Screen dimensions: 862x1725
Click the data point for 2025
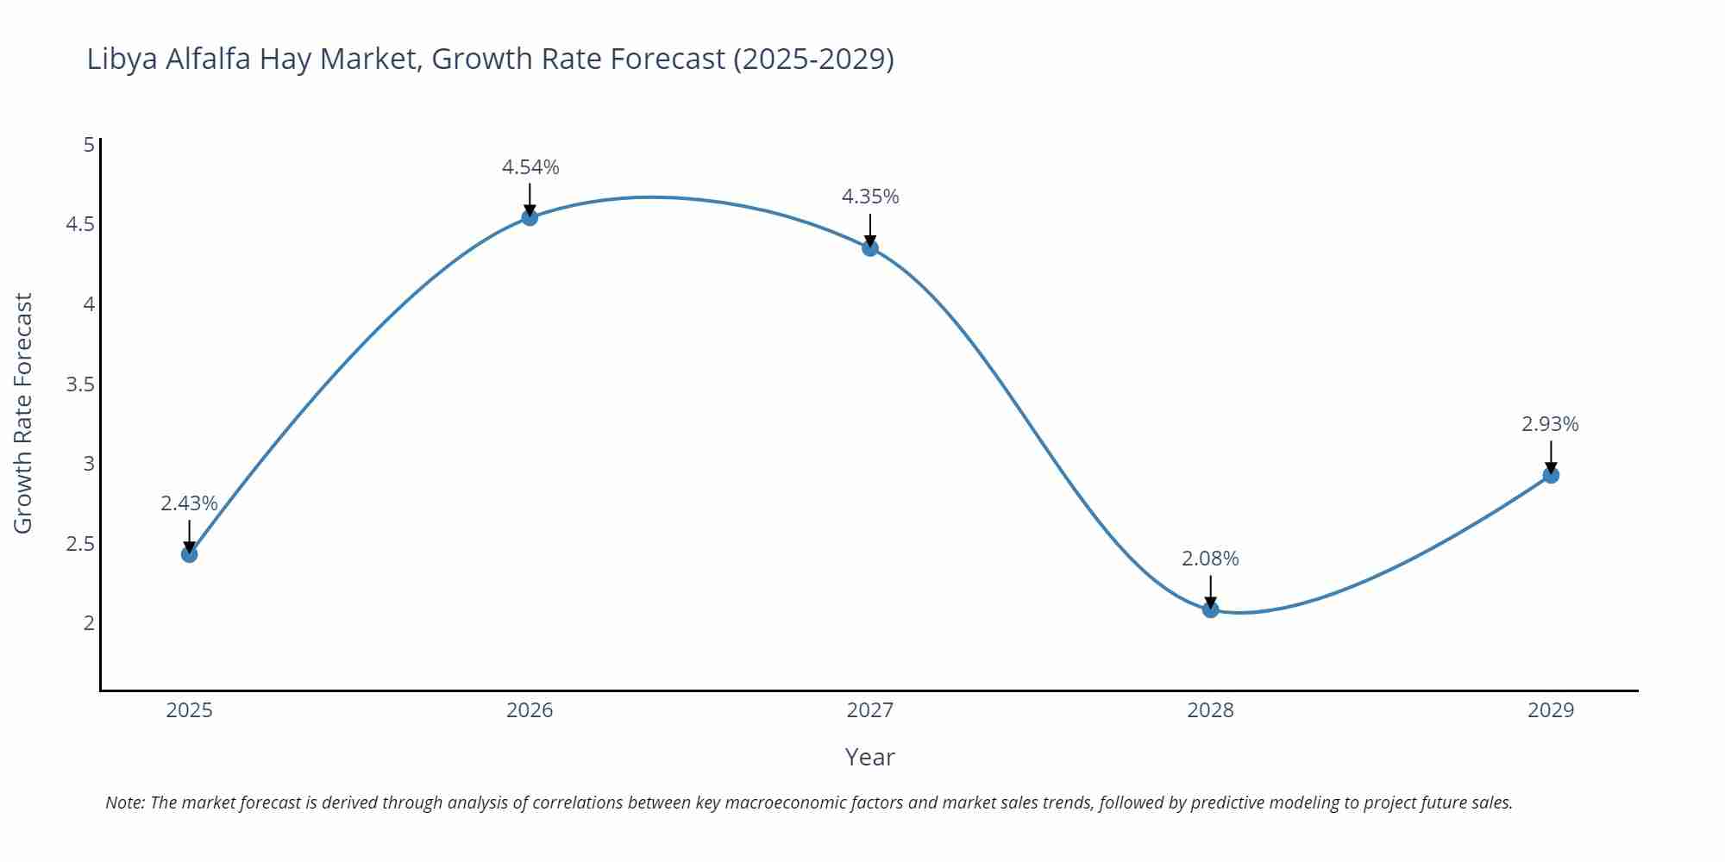point(190,554)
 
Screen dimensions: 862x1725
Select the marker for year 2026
point(530,217)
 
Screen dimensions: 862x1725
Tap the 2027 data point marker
point(870,248)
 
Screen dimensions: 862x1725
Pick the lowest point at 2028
point(1210,609)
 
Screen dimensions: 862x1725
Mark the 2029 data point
point(1551,475)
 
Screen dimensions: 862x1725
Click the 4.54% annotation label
point(530,167)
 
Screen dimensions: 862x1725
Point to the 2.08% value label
point(1210,559)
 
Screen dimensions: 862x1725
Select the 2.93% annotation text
point(1550,424)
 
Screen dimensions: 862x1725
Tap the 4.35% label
point(870,197)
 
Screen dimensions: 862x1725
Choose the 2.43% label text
point(189,503)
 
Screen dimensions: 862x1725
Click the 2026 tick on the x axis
point(530,710)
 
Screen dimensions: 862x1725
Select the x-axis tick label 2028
point(1210,710)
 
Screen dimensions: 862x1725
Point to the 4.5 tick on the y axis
point(80,224)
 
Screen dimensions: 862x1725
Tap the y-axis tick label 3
point(89,464)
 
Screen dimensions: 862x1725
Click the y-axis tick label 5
point(89,145)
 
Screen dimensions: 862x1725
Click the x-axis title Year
point(869,757)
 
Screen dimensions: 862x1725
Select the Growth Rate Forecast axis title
point(23,413)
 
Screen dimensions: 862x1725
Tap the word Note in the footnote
point(124,803)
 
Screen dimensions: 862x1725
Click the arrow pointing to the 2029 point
point(1551,457)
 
